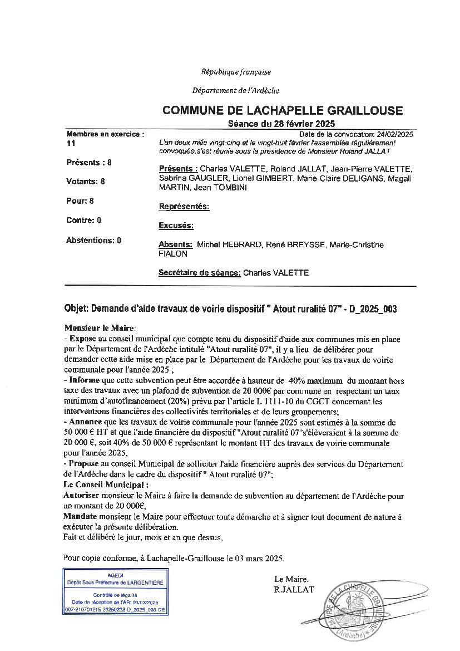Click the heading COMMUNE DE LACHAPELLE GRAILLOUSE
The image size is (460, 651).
(x=282, y=111)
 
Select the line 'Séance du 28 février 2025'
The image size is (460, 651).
(x=281, y=124)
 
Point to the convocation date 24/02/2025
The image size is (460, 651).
(x=394, y=134)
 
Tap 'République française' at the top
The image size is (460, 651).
(x=236, y=72)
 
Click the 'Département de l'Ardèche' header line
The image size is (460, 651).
(x=236, y=90)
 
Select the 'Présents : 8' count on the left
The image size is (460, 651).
(x=89, y=163)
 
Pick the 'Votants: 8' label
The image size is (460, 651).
(x=86, y=181)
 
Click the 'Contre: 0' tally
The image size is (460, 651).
(x=83, y=220)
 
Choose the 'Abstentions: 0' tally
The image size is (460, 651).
(x=93, y=241)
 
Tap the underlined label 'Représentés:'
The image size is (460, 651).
(x=184, y=207)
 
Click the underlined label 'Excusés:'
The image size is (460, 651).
(x=176, y=226)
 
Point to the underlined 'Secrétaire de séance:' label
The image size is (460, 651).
(x=200, y=273)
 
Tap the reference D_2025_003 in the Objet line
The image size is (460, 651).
(x=372, y=309)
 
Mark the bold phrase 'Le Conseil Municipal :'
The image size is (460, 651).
(x=99, y=485)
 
